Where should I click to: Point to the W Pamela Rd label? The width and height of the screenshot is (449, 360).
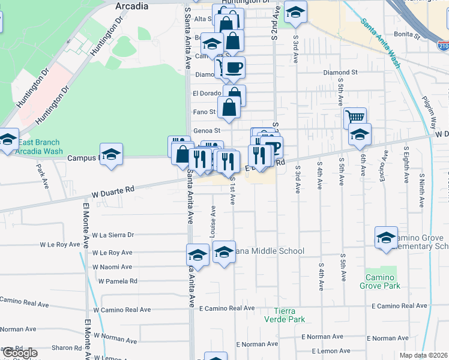(118, 281)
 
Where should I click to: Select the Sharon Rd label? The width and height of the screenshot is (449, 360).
(66, 348)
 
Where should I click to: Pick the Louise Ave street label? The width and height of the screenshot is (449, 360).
(213, 222)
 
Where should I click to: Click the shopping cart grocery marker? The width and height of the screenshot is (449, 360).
(355, 118)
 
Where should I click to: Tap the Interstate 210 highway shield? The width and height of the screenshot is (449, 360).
(443, 46)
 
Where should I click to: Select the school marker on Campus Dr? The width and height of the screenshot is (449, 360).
(111, 154)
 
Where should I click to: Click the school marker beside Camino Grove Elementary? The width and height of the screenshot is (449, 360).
(386, 238)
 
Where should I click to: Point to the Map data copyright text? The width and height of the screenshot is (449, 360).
(423, 355)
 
